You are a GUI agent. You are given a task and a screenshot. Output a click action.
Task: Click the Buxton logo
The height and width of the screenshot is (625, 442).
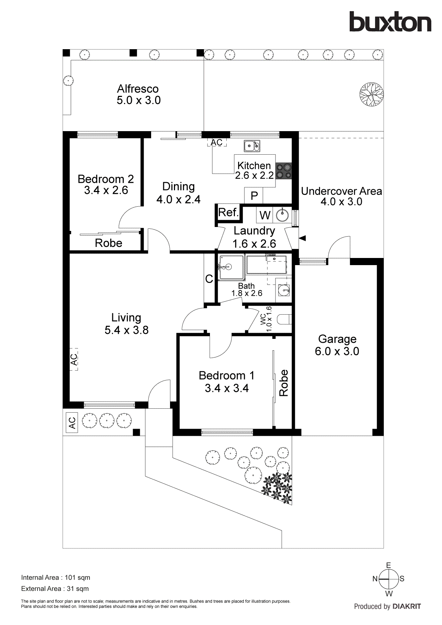pos(390,22)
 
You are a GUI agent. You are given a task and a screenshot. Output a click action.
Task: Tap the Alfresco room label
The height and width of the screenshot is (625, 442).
pos(138,89)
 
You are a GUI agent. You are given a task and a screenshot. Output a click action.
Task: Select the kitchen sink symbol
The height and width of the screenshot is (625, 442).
pos(252,146)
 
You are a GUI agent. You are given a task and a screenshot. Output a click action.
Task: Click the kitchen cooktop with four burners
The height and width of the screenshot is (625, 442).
pos(284,171)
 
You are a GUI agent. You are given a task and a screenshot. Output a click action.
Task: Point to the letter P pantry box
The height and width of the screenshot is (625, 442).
pos(254,196)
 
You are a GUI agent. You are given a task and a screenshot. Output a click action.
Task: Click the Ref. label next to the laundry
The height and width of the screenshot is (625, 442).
pos(228,213)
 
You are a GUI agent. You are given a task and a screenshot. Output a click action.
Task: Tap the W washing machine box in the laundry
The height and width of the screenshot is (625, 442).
pos(264,215)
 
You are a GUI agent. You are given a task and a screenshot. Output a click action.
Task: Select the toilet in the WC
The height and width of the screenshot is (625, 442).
pos(285,319)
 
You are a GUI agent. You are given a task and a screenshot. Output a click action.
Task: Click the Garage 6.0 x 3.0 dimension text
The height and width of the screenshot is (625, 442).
pos(337,351)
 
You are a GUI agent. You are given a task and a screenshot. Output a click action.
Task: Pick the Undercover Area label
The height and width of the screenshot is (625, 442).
pos(341,191)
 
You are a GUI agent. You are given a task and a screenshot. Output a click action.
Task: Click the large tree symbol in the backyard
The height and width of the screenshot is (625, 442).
pos(371,94)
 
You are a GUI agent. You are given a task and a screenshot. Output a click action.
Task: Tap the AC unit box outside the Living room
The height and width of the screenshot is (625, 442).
pos(72,423)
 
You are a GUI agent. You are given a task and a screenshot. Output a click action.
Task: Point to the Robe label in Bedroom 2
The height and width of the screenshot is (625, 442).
pos(108,243)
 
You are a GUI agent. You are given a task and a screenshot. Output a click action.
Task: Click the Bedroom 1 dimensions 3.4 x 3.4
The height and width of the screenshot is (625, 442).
pos(227,388)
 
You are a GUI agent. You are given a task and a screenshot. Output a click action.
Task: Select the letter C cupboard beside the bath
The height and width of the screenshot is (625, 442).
pos(209,279)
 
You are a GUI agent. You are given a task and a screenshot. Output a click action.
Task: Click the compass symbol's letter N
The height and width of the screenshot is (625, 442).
pos(375,579)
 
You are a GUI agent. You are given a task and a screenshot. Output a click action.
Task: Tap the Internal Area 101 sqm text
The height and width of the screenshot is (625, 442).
pos(56,578)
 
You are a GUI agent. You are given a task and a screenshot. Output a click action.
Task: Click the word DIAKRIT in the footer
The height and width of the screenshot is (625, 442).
pos(406,606)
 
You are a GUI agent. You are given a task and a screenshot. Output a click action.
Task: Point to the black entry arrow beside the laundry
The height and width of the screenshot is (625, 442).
pos(302,238)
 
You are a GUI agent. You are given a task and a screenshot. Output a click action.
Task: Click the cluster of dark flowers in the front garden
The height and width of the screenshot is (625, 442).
pos(278,487)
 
